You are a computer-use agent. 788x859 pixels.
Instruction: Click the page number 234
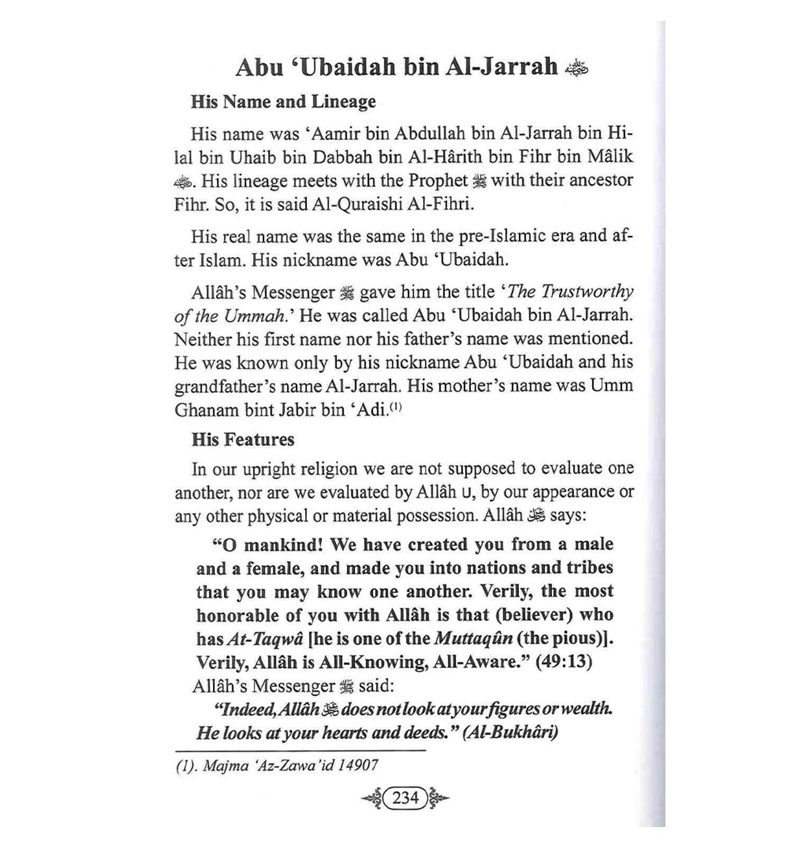[405, 797]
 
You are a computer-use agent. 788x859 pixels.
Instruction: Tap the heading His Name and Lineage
[283, 102]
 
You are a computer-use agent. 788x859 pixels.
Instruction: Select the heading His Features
[243, 439]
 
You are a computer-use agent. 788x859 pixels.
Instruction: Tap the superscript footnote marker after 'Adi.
[397, 408]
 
